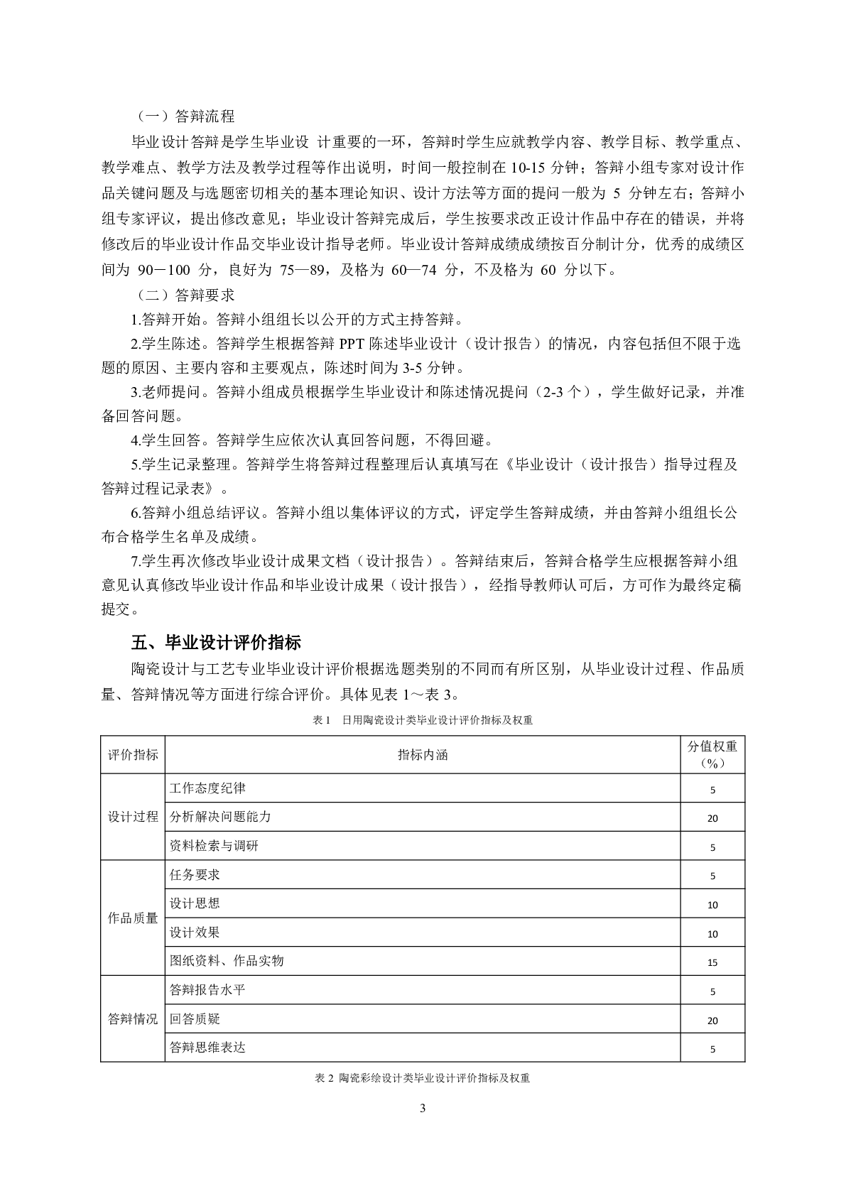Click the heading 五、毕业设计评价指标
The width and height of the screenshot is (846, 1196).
coord(216,643)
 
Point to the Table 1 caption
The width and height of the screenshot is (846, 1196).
coord(423,720)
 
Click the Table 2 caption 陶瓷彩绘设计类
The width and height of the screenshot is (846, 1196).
coord(423,1078)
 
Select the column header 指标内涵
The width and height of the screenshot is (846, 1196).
coord(423,755)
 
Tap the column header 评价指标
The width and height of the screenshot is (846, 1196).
coord(133,755)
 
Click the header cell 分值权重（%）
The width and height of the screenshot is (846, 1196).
coord(712,754)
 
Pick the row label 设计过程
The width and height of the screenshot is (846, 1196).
coord(133,817)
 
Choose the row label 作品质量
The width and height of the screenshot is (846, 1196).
coord(133,918)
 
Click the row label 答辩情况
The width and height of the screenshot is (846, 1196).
coord(133,1019)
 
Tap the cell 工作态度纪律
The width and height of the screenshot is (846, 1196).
coord(207,788)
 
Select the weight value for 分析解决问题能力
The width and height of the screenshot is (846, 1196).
coord(712,818)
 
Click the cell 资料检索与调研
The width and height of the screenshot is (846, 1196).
coord(214,846)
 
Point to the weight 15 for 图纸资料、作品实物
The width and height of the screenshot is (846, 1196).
coord(712,962)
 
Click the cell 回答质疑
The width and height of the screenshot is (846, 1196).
coord(195,1019)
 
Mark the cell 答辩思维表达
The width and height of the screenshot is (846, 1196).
coord(207,1048)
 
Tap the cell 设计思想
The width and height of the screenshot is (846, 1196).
coord(195,903)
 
